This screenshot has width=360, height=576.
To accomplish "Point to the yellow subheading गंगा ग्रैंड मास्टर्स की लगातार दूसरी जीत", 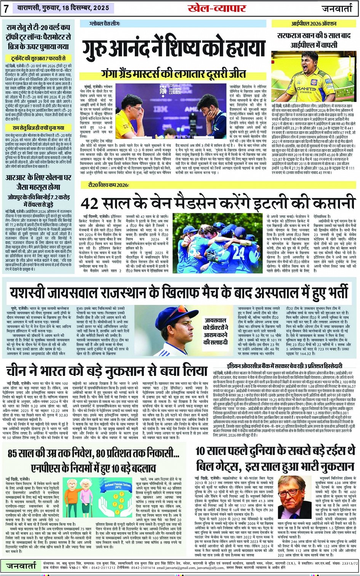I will coord(174,73).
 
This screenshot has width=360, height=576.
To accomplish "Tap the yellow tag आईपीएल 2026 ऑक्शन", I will coord(314,24).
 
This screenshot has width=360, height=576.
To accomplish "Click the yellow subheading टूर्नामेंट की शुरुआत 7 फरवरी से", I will coord(38,59).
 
